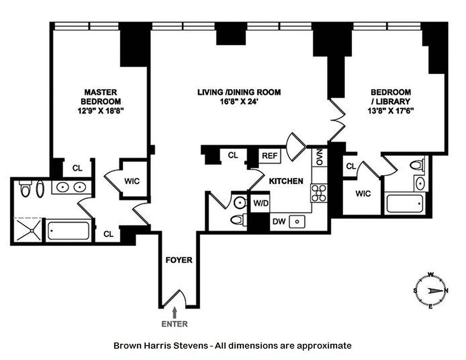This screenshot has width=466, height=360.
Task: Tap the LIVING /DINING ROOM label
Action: [x=239, y=92]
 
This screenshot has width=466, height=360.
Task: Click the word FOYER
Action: [x=178, y=260]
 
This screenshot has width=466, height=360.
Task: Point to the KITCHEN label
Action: [x=286, y=181]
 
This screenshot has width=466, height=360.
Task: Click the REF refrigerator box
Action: [x=269, y=156]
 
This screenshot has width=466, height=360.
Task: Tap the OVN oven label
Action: [x=320, y=157]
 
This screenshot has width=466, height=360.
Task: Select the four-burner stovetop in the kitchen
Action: [x=319, y=193]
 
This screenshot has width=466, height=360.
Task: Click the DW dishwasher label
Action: [x=278, y=221]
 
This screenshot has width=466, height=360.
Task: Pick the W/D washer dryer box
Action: [x=260, y=203]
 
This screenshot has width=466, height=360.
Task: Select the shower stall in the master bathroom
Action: [x=28, y=229]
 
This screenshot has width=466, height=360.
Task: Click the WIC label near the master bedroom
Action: [x=132, y=181]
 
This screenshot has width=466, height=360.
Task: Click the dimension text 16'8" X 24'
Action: [x=239, y=102]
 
